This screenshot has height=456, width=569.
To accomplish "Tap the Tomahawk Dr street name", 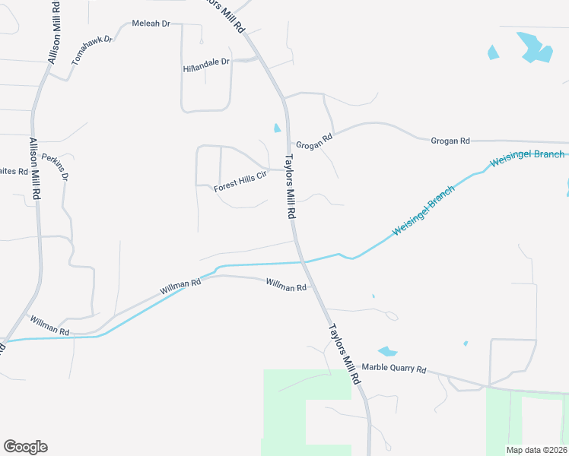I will pos(91,49).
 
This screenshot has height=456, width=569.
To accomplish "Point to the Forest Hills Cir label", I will pos(240,181).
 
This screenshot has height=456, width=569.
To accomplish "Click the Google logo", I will pos(25,447).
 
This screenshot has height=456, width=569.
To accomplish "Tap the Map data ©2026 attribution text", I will pos(536,450).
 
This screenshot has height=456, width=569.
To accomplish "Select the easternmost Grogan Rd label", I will pos(450,141).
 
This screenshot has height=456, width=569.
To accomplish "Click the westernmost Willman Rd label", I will pos(50,327).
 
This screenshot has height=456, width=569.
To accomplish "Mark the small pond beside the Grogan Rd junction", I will pos(277,128).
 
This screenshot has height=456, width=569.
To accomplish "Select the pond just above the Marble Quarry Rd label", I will pos(387,351).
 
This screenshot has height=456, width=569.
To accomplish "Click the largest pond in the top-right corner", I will pos(534,47).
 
